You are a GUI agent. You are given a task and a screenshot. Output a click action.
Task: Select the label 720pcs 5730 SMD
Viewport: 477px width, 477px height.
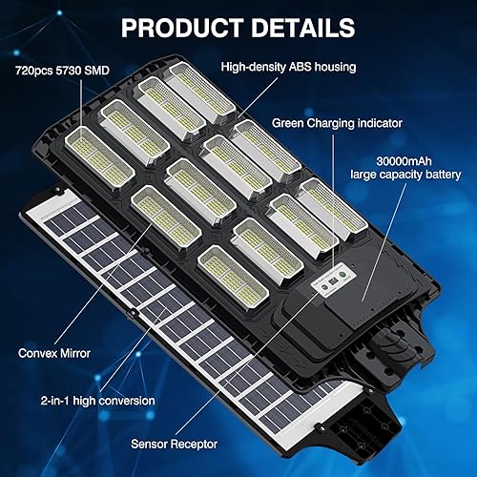57,72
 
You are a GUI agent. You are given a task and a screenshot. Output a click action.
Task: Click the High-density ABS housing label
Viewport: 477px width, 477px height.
287,68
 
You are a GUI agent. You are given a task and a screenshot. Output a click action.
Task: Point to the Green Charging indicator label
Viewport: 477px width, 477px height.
337,123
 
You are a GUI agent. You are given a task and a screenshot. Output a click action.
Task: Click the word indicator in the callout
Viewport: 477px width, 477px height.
375,123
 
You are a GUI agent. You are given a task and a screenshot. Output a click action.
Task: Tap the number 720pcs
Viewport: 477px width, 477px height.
34,72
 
